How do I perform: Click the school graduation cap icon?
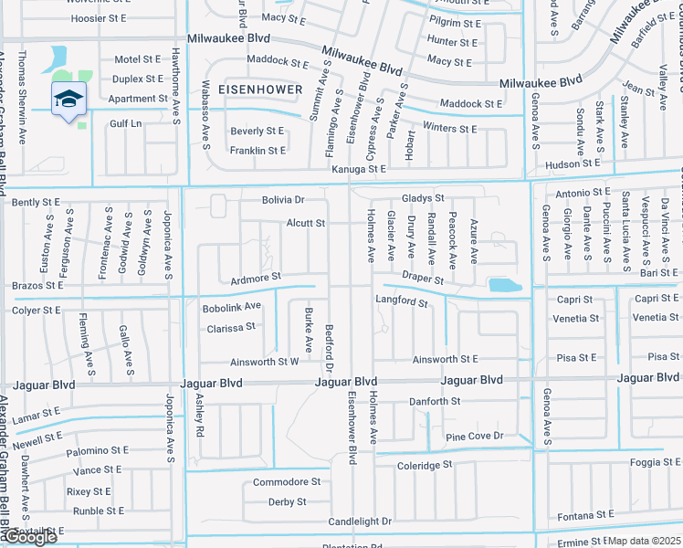click(x=68, y=99)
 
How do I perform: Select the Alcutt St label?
click(x=305, y=223)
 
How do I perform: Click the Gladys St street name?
click(x=423, y=198)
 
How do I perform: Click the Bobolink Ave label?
click(x=232, y=307)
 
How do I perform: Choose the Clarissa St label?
click(x=231, y=327)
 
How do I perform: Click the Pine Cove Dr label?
click(x=475, y=437)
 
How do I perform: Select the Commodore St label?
click(x=287, y=481)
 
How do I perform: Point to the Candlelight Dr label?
click(x=361, y=522)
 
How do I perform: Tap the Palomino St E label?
click(x=95, y=451)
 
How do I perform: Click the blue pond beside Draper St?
click(x=505, y=286)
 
